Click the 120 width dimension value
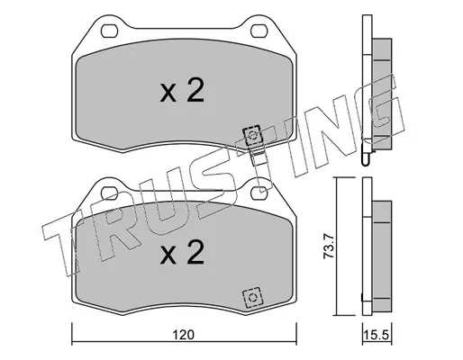[184, 335]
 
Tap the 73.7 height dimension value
[329, 247]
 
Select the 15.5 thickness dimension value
[377, 335]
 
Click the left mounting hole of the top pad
[109, 31]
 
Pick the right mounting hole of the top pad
[259, 31]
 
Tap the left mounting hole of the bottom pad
[109, 193]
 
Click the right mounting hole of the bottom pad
[259, 193]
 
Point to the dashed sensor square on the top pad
[252, 137]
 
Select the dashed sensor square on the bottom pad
[252, 297]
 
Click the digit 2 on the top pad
[195, 90]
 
